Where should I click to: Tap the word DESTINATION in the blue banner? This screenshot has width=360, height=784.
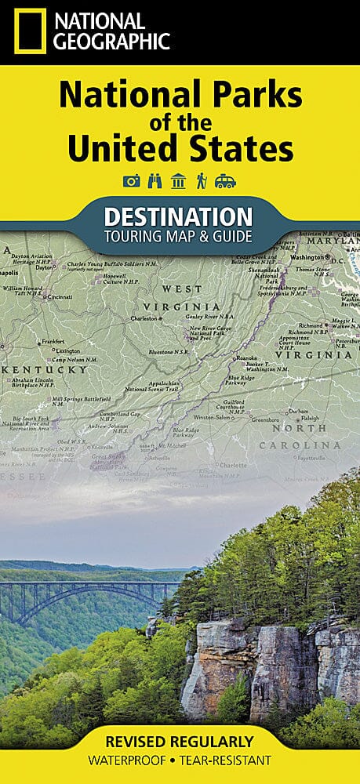pyautogui.click(x=179, y=216)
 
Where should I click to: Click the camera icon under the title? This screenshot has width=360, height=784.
pyautogui.click(x=131, y=181)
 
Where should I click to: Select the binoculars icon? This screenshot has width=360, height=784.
pyautogui.click(x=155, y=181)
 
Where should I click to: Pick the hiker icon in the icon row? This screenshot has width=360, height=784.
pyautogui.click(x=202, y=181)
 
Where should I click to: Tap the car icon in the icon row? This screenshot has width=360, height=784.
pyautogui.click(x=225, y=181)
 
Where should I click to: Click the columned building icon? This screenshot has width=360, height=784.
pyautogui.click(x=178, y=181)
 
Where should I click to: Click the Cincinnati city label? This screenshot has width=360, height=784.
pyautogui.click(x=60, y=297)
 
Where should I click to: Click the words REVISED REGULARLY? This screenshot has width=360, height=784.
pyautogui.click(x=180, y=741)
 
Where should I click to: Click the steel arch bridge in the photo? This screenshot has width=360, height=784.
pyautogui.click(x=78, y=592)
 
